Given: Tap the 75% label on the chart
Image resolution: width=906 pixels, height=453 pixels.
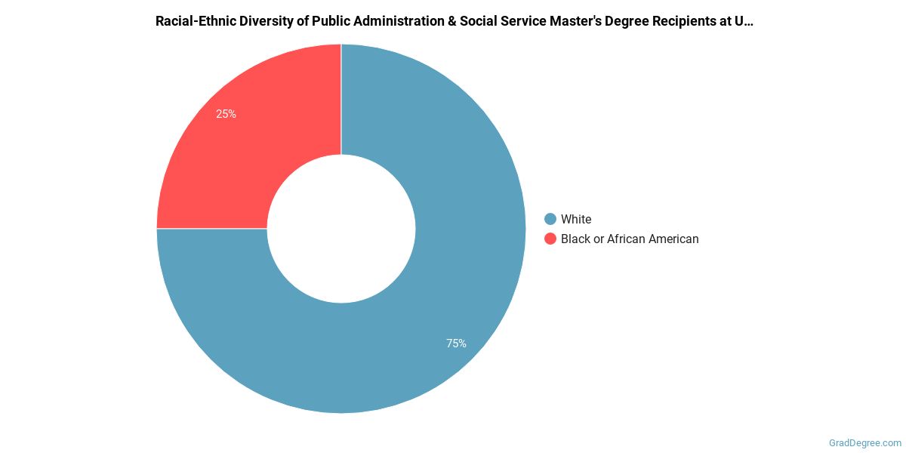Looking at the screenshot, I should (456, 344).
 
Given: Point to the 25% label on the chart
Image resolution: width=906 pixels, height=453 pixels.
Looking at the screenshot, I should (226, 114).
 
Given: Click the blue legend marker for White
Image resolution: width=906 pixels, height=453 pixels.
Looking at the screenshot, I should (550, 219).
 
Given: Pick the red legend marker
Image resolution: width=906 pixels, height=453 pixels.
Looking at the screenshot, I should (550, 239).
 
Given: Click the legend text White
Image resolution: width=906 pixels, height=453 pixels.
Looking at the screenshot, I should (576, 219).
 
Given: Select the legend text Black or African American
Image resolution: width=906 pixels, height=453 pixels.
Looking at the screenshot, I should (630, 239).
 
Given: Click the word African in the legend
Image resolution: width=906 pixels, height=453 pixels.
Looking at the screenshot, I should (629, 239).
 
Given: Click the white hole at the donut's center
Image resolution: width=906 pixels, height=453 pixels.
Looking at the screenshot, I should (341, 229).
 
